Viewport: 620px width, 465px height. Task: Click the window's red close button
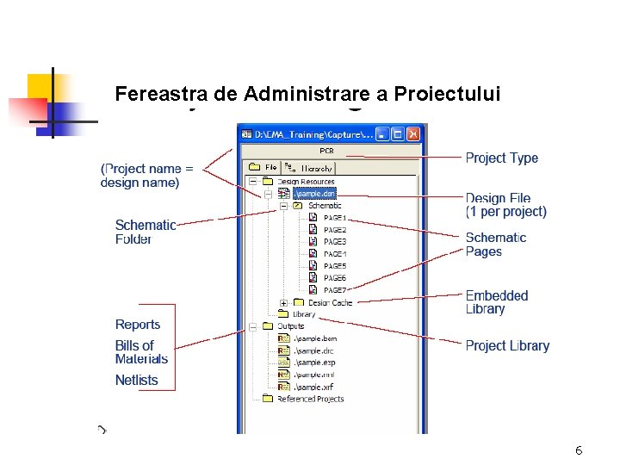[x=413, y=134]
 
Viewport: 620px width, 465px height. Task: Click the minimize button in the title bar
[x=381, y=134]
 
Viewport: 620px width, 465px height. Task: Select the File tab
[x=264, y=168]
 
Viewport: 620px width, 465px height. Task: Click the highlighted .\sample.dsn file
[x=314, y=194]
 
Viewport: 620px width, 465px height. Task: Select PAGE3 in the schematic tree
[x=334, y=242]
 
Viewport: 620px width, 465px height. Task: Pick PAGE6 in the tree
[x=334, y=278]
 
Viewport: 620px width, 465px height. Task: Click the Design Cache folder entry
[x=329, y=302]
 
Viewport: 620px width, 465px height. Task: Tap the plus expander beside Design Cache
[x=283, y=302]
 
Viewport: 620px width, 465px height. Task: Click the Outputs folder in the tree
[x=289, y=326]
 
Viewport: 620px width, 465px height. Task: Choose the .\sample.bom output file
[x=313, y=338]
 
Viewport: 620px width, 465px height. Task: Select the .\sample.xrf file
[x=313, y=387]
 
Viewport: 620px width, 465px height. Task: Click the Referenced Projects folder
[x=309, y=399]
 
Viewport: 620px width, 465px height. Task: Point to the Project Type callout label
[x=501, y=158]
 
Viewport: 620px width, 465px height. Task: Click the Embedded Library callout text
[x=497, y=302]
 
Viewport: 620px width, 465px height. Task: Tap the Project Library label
[x=507, y=346]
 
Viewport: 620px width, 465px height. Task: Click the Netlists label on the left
[x=137, y=380]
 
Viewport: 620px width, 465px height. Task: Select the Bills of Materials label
[x=141, y=352]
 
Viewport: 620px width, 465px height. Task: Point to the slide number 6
[x=579, y=451]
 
